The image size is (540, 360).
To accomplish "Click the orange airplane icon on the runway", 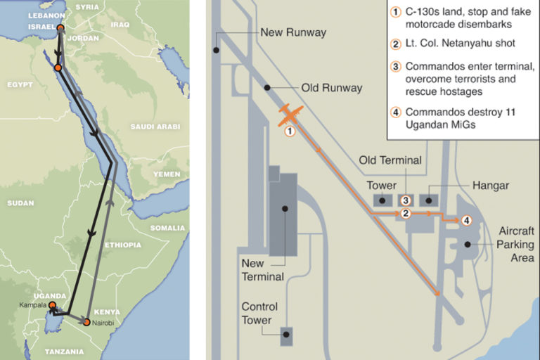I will tap(289, 115).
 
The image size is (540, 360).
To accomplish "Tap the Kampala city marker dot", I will tap(51, 305).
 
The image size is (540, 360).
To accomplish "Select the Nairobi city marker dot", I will tap(86, 323).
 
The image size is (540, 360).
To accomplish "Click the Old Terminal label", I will tap(390, 160).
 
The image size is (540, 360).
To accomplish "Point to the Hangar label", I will tap(491, 186).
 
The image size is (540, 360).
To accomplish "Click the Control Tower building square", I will tap(285, 336).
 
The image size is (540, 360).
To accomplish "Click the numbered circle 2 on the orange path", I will tap(406, 214).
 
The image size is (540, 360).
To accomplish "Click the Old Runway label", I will tap(332, 88).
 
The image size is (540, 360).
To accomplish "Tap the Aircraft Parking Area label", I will tap(516, 244).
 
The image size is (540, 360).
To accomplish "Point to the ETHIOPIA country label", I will tap(122, 245).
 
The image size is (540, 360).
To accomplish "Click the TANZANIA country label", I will tap(65, 350).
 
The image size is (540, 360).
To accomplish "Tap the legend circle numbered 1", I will tap(396, 12).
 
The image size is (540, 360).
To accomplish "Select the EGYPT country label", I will tap(20, 84).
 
